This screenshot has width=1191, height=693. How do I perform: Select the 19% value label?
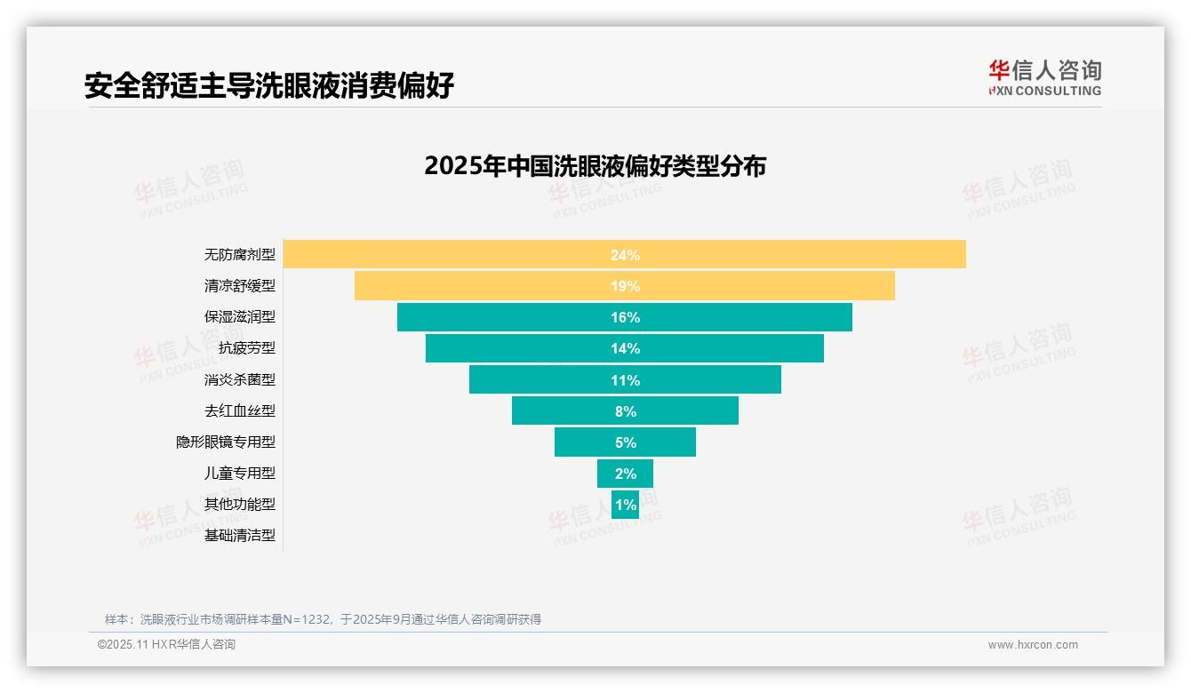[625, 286]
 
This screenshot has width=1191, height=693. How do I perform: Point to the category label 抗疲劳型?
[247, 348]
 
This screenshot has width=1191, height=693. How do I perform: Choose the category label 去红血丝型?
[240, 410]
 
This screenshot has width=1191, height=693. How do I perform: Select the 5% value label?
[625, 442]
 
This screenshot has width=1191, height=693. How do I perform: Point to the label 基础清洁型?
[240, 536]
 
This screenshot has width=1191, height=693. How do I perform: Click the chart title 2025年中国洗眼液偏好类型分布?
[595, 166]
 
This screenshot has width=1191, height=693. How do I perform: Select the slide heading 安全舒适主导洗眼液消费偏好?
[269, 85]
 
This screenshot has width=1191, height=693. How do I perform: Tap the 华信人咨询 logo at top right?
[1044, 77]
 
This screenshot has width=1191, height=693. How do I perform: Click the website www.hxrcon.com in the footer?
[1033, 645]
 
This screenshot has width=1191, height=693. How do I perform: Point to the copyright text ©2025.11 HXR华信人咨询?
[166, 645]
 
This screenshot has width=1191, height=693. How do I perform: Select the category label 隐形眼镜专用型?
[226, 442]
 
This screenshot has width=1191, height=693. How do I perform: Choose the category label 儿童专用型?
[240, 474]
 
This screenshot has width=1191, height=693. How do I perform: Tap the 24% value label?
[625, 255]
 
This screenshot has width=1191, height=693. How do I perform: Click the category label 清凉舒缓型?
[240, 286]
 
